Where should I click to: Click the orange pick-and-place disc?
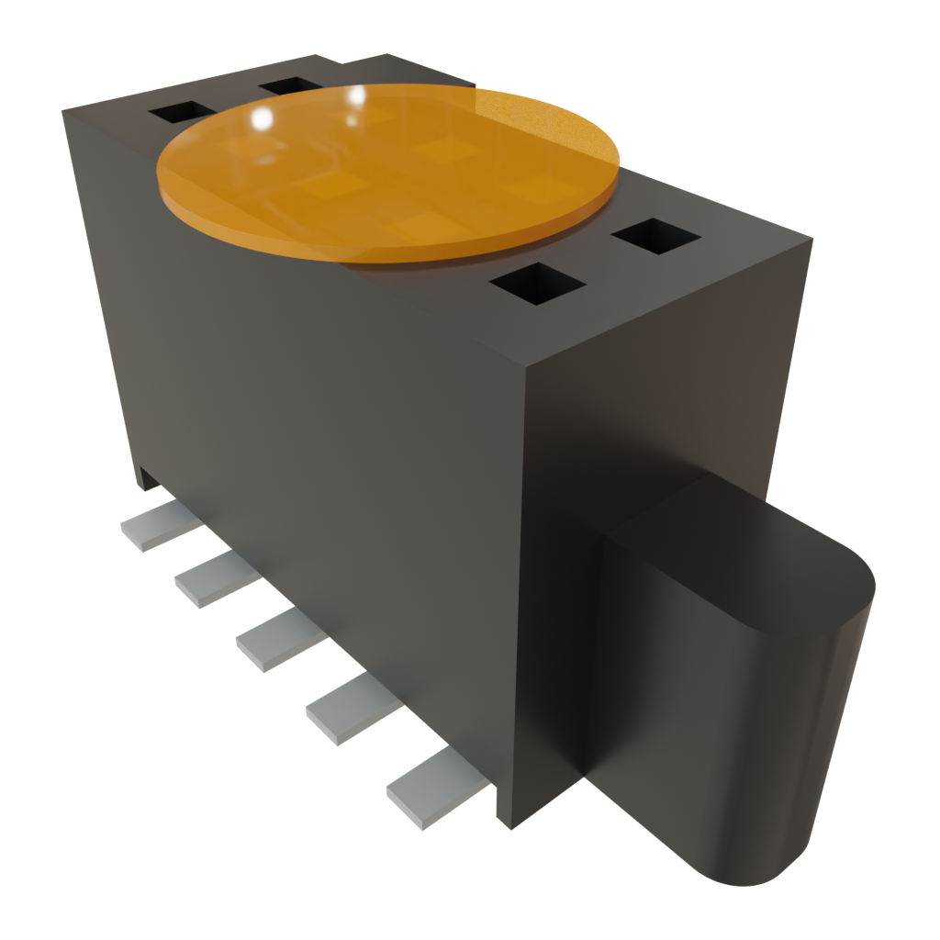coord(386,170)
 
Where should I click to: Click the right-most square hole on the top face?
coord(655,235)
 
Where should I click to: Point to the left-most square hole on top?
coord(181,112)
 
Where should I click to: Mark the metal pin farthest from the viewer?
coord(159,526)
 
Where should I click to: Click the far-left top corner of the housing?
coord(64,111)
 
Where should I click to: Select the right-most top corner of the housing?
coord(811,240)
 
